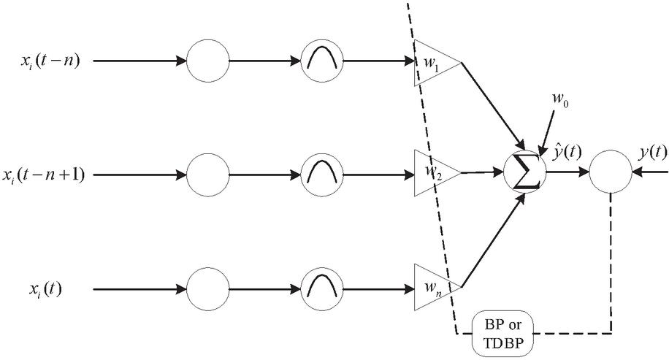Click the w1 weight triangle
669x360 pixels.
click(x=435, y=61)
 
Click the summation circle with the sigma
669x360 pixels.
click(x=524, y=173)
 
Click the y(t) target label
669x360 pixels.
click(x=651, y=152)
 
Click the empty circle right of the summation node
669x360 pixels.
click(x=611, y=174)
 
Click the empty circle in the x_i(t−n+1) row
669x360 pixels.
click(x=210, y=175)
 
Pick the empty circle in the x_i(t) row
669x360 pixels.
click(x=210, y=288)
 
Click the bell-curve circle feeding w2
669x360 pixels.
click(x=322, y=175)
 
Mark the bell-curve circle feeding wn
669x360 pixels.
click(x=322, y=288)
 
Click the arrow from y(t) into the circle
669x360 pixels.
click(x=651, y=174)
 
